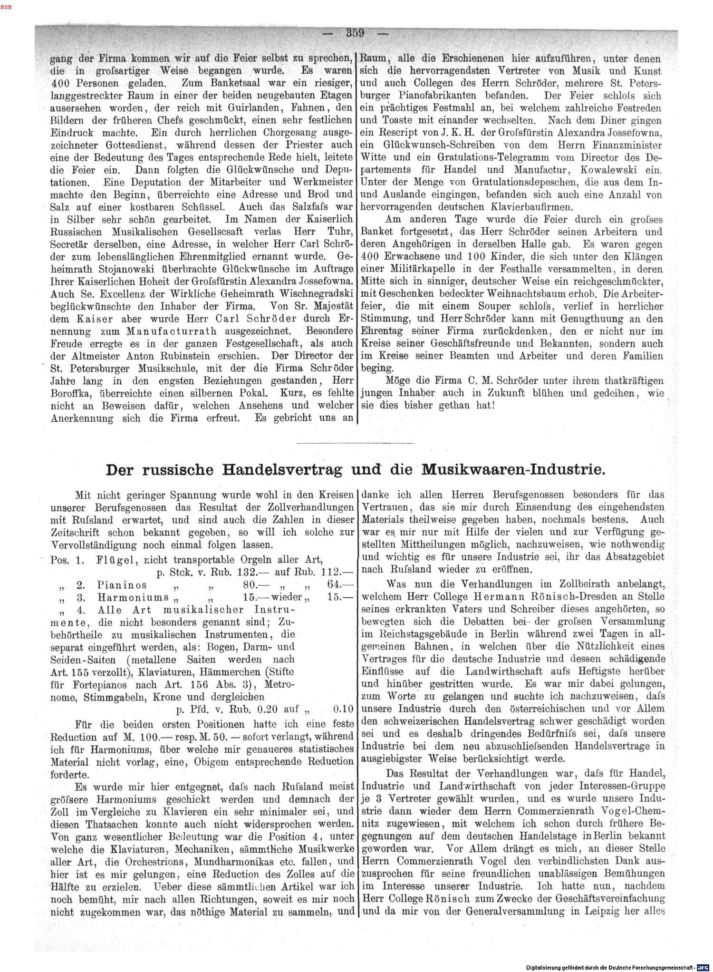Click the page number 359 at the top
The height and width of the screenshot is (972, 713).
point(355,33)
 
